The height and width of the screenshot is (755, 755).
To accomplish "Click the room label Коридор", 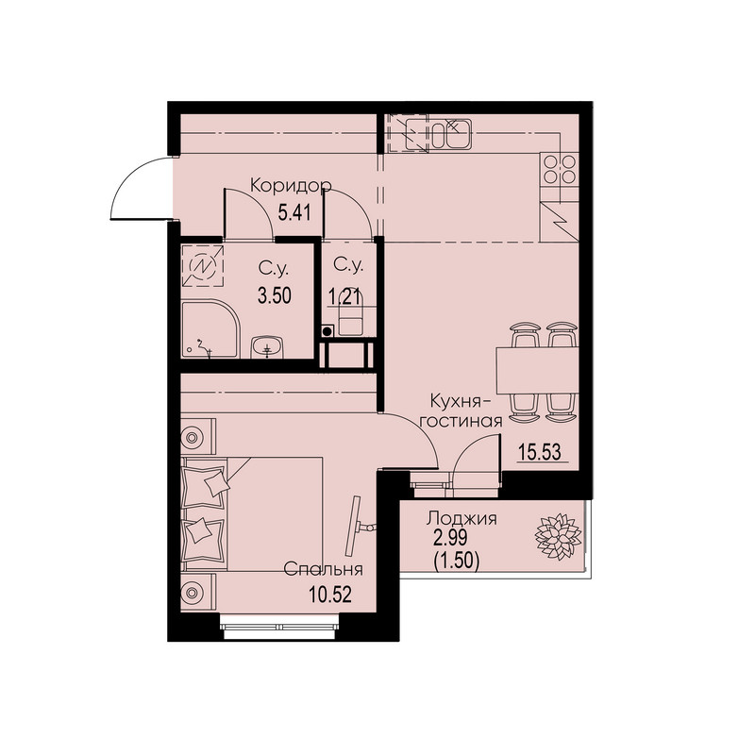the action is point(292,186).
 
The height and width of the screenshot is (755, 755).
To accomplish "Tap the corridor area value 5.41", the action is point(294,211).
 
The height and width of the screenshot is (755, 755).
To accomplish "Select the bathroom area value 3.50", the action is point(275,295).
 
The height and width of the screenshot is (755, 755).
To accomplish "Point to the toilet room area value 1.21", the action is point(344,296).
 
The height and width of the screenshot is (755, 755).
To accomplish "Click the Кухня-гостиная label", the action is point(461,411).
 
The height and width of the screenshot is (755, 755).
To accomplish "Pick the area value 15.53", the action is point(540,453).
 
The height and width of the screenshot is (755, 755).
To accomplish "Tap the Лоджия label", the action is point(461,519).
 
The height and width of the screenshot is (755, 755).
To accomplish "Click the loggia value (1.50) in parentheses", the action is point(457,561).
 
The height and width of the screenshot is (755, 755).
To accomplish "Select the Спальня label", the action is point(323,570).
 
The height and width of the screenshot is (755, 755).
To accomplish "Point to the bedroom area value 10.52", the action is point(330,595).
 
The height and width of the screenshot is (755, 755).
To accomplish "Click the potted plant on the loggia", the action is point(559,537).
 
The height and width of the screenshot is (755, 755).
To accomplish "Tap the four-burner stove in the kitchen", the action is point(560,169).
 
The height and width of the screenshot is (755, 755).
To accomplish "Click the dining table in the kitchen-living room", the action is point(537,370).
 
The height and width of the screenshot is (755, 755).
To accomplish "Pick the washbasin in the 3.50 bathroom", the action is point(268,346).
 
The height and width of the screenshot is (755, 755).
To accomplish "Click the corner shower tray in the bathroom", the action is point(210,328).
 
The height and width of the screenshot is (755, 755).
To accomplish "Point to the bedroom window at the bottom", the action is point(280,627).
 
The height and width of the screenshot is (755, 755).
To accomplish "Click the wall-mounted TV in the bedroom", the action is point(354,527).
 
